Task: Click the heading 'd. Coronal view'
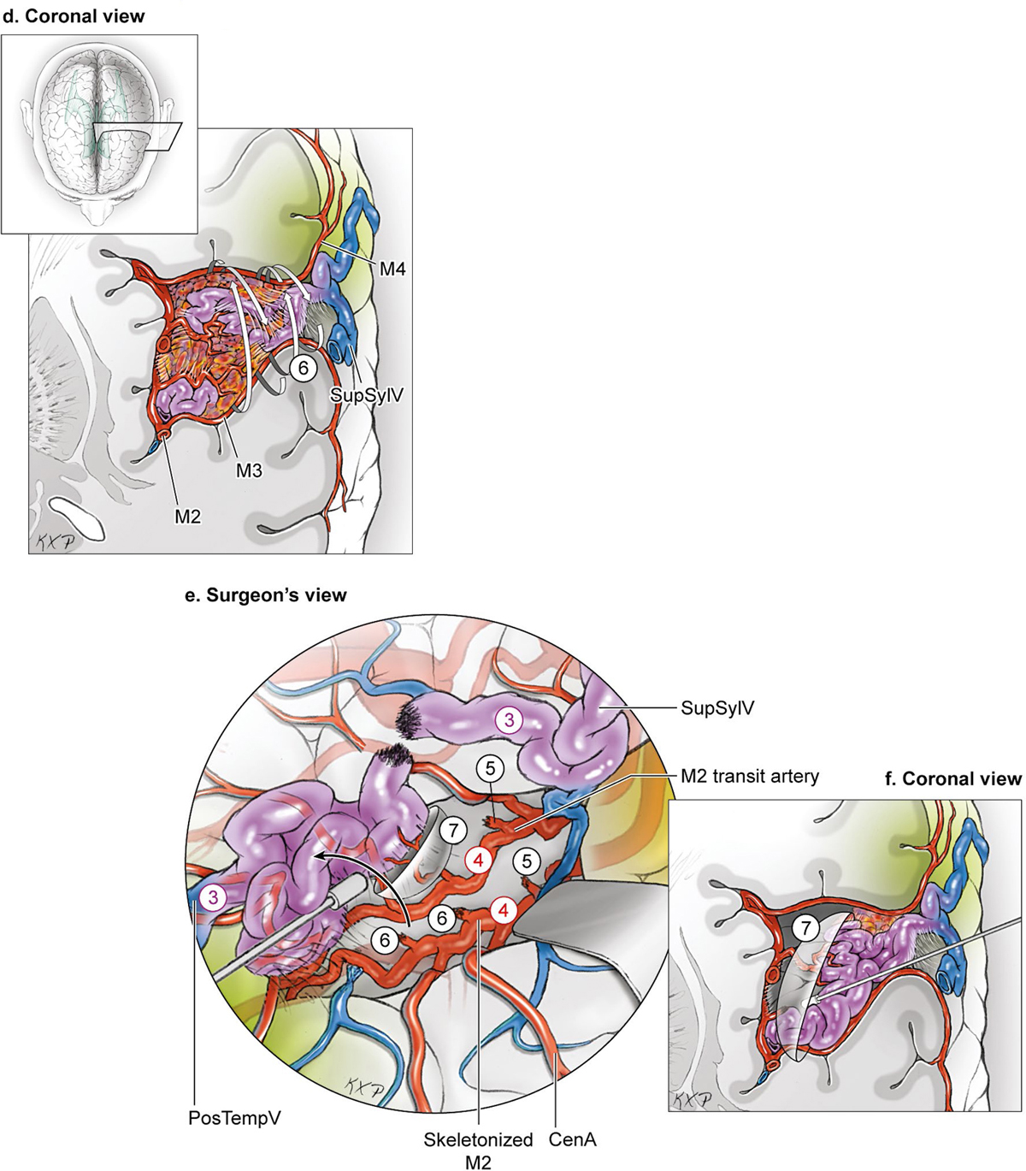tap(74, 15)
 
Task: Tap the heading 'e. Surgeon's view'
tap(266, 595)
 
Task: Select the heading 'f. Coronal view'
tap(953, 778)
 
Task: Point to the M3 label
tap(249, 470)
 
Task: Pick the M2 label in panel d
tap(187, 516)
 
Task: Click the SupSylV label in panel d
tap(367, 395)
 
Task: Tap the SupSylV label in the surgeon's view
tap(717, 707)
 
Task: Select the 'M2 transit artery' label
tap(750, 776)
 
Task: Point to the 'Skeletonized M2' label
tap(478, 1150)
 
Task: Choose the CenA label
tap(572, 1139)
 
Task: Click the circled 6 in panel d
tap(303, 368)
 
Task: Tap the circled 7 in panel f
tap(805, 926)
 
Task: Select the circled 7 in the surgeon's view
tap(454, 829)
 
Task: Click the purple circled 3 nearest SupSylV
tap(509, 720)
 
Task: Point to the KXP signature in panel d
tap(52, 541)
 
